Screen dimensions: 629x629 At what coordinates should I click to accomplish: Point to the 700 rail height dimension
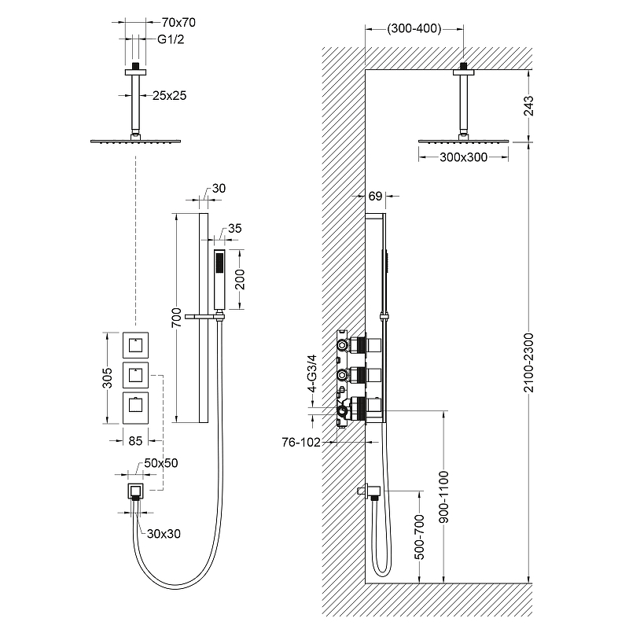tap(178, 317)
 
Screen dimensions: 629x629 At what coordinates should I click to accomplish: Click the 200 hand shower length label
tap(241, 279)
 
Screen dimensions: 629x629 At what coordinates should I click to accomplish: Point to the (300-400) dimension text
tap(414, 29)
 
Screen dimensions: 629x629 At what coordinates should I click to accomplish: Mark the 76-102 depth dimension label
tap(301, 443)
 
